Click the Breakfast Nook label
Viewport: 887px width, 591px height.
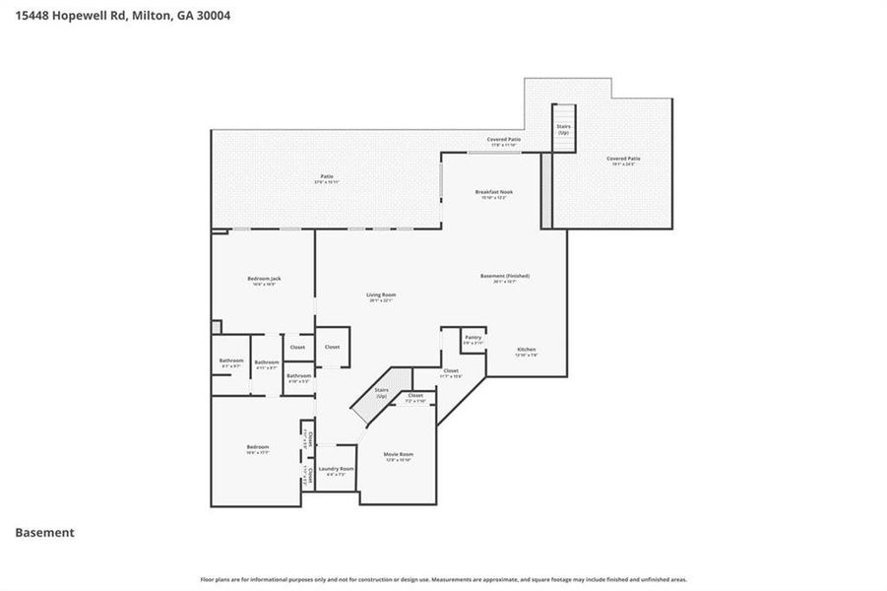pos(493,194)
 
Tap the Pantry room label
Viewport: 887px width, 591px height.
pos(474,339)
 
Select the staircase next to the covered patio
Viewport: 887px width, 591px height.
pos(563,129)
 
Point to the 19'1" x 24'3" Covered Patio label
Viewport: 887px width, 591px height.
pos(623,161)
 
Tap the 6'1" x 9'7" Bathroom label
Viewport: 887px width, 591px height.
pos(231,362)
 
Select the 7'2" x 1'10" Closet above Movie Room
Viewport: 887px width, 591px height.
pos(415,397)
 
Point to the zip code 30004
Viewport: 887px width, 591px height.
pos(210,16)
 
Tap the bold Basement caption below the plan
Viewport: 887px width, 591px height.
pos(44,532)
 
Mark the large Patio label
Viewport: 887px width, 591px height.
pos(326,179)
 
